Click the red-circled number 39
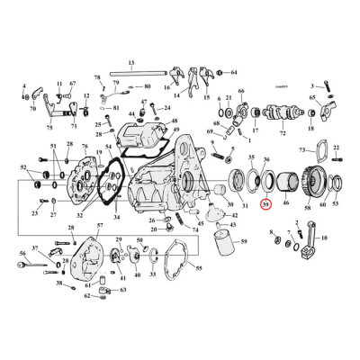[264, 206]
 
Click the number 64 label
[234, 71]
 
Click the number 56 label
[23, 255]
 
